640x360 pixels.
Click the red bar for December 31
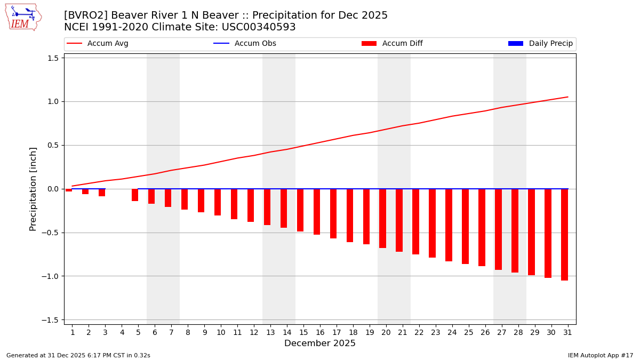coord(564,235)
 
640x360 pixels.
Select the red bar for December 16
coord(317,212)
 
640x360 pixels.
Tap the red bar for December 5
coord(135,195)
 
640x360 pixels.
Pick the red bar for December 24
coord(449,225)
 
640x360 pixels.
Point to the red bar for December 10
coord(218,202)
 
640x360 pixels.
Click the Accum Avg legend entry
coord(98,44)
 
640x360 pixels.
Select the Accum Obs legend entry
coord(245,44)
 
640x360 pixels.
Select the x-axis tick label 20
coord(386,332)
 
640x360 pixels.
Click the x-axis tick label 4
coord(122,332)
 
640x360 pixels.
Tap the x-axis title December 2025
coord(320,343)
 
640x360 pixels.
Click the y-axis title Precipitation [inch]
coord(33,189)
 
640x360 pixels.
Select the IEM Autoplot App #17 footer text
coord(601,355)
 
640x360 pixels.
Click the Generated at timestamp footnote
coord(78,355)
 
